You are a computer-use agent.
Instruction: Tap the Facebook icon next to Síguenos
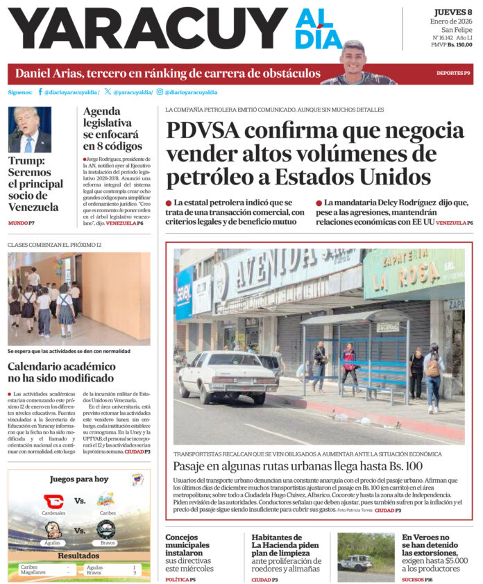pos(40,92)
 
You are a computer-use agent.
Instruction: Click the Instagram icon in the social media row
pos(160,92)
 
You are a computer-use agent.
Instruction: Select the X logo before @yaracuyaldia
pos(108,92)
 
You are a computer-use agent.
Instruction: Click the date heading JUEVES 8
pos(453,12)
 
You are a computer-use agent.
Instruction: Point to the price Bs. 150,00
pos(460,45)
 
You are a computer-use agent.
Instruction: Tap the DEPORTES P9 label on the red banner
pos(452,74)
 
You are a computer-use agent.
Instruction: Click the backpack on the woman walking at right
pos(432,368)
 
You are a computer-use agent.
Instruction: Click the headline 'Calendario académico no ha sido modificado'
pos(62,372)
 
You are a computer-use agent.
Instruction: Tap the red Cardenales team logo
pos(53,501)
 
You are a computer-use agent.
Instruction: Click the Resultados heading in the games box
pos(78,556)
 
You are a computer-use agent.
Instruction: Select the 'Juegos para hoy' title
pos(79,479)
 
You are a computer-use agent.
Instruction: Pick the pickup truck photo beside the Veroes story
pos(365,556)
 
